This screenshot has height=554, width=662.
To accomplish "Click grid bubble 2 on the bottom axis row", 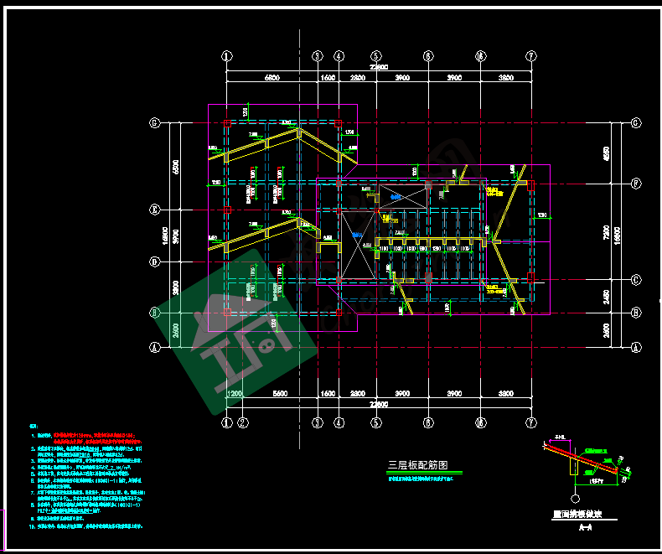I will [243, 423].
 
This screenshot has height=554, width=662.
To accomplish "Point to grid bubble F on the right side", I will [636, 182].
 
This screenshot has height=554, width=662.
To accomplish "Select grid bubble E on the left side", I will [154, 209].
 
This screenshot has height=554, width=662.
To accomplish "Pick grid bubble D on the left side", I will [154, 262].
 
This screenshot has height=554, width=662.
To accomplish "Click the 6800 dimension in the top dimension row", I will [272, 77].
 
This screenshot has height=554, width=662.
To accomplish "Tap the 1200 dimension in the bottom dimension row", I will [235, 393].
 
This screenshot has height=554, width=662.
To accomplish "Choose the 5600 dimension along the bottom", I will [280, 393].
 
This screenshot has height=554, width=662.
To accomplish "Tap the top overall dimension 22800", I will [379, 67].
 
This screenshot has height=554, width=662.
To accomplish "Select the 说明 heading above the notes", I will [34, 427].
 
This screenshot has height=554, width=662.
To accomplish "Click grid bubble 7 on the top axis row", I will [530, 56].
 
